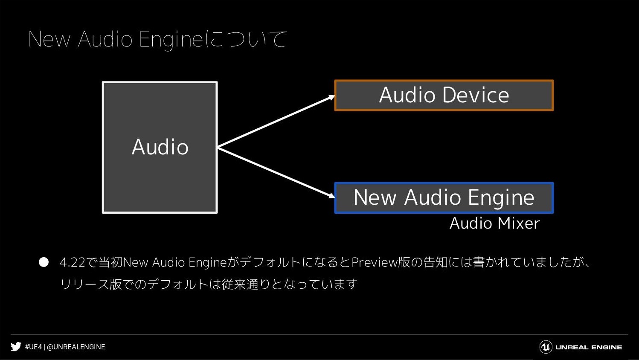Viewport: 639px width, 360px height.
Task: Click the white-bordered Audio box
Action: [160, 147]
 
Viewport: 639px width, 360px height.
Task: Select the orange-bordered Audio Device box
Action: [444, 95]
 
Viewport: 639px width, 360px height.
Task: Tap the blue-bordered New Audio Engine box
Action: [444, 197]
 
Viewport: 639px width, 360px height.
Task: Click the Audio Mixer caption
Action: [495, 223]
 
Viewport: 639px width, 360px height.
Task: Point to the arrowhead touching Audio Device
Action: [332, 97]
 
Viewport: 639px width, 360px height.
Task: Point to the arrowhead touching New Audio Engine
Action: [332, 196]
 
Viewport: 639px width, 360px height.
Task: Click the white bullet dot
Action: [44, 262]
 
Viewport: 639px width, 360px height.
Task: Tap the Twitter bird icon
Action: [16, 347]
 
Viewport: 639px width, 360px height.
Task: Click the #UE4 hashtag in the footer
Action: [33, 347]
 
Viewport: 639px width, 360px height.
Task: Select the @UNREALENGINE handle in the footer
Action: [76, 347]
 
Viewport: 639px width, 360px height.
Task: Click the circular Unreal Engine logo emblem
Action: [546, 347]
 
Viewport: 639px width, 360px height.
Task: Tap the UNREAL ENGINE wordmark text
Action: [589, 347]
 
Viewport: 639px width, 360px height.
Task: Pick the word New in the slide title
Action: [49, 39]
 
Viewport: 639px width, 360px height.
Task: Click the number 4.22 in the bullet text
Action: [73, 262]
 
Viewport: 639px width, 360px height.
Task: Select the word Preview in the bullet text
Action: [375, 262]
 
